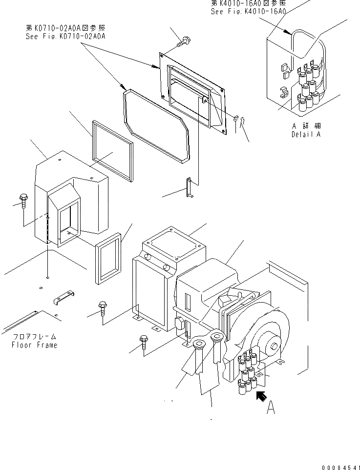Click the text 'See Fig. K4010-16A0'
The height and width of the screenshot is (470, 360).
pos(248,11)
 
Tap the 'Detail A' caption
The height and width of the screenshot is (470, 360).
pos(306,134)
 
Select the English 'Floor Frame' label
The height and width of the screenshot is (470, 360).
pos(35,345)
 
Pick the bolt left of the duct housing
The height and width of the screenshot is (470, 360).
pos(23,200)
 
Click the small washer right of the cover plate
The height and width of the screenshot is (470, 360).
pos(237,118)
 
